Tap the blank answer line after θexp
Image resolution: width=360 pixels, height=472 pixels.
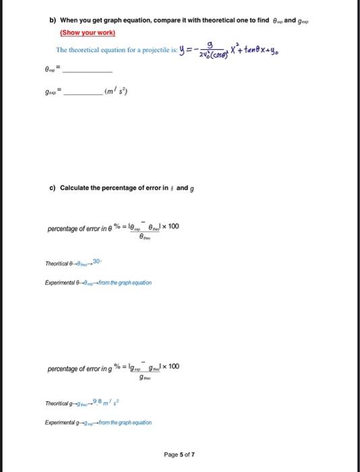point(88,71)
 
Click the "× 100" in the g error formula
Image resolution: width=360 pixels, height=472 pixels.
point(170,367)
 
